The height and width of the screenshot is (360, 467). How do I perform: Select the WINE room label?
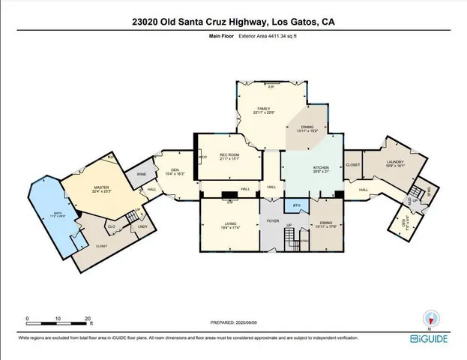point(140,175)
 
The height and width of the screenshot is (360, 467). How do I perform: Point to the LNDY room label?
point(142,226)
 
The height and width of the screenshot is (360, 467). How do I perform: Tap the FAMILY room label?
point(263,109)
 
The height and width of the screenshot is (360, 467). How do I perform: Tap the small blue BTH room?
point(297,204)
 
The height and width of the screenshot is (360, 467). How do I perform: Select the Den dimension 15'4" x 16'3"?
point(174,173)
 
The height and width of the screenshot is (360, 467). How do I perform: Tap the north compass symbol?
point(429,318)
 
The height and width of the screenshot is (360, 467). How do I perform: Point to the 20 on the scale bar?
point(88,318)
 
